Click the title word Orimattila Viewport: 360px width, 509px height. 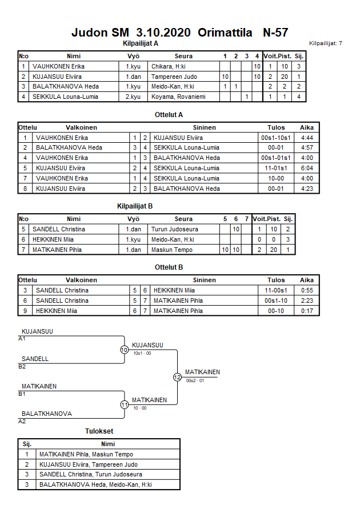225,33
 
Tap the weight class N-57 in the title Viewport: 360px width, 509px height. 275,33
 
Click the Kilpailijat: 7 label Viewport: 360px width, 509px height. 326,43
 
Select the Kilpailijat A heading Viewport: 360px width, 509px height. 140,43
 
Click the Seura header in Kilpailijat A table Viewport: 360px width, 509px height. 183,56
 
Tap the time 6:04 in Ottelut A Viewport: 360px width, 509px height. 306,168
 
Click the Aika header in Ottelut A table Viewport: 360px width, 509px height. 307,127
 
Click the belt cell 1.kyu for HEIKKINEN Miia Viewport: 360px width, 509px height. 133,239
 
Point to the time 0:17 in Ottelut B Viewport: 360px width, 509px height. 306,311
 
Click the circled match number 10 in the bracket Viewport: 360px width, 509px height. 125,350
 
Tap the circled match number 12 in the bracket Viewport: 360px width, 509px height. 177,377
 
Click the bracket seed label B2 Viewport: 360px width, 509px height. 22,367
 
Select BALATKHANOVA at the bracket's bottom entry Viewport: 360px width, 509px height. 47,414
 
